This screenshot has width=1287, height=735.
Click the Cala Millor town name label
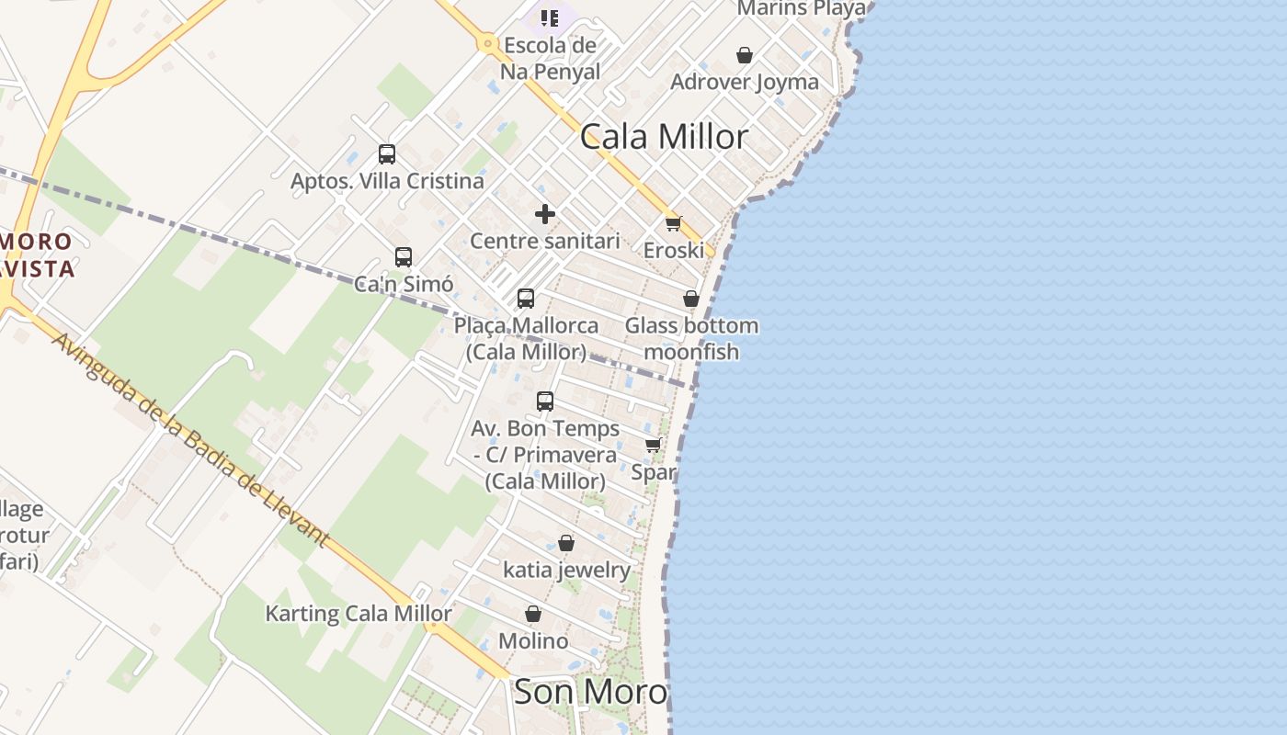coord(664,137)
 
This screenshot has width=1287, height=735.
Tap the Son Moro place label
coord(590,692)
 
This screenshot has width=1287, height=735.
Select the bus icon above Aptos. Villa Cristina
coord(387,154)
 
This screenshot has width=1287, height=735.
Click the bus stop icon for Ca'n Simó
coord(404,257)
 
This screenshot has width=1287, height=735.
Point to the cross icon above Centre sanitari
coord(545,214)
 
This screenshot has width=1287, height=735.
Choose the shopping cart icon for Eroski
coord(674,223)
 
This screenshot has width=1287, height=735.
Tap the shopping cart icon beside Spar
coord(654,446)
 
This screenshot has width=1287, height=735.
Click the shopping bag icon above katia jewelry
coord(566,544)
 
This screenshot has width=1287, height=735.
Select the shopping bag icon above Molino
coord(533,614)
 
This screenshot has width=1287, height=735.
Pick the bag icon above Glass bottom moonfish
coord(691,300)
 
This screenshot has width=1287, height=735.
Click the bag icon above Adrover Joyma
coord(745,55)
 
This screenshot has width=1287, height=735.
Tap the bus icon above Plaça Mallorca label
coord(526,299)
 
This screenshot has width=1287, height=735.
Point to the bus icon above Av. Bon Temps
coord(545,401)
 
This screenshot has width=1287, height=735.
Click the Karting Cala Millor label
coord(359,614)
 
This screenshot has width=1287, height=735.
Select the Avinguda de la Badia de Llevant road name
coord(190,440)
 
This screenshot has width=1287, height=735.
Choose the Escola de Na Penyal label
coord(550,58)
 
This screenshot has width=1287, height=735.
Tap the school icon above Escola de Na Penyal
coord(550,17)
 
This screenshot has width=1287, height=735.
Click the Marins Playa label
coord(802,8)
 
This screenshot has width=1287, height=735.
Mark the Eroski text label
coord(674,250)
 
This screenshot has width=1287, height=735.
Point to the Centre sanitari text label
coord(545,241)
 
